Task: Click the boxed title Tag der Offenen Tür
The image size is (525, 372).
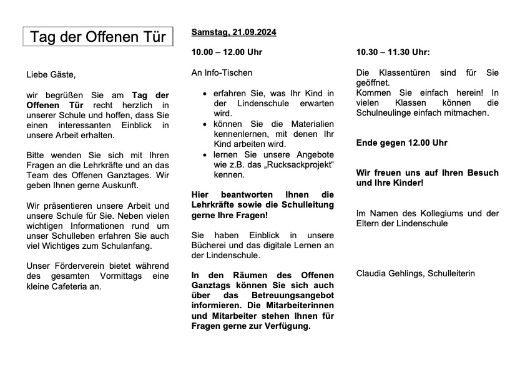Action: [x=98, y=37]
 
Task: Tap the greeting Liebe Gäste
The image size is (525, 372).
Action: [x=51, y=75]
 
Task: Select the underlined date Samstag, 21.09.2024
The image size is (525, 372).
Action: [x=233, y=32]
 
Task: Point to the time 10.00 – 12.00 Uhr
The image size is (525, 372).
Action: [x=227, y=52]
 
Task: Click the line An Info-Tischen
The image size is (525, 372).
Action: [x=222, y=73]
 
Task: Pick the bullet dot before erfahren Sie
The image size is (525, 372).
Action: [x=206, y=94]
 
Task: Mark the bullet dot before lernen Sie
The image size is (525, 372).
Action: [x=206, y=154]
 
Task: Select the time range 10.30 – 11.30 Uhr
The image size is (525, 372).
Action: [x=393, y=52]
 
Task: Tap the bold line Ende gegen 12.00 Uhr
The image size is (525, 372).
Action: [x=401, y=143]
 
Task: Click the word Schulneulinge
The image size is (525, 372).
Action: [x=385, y=113]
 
